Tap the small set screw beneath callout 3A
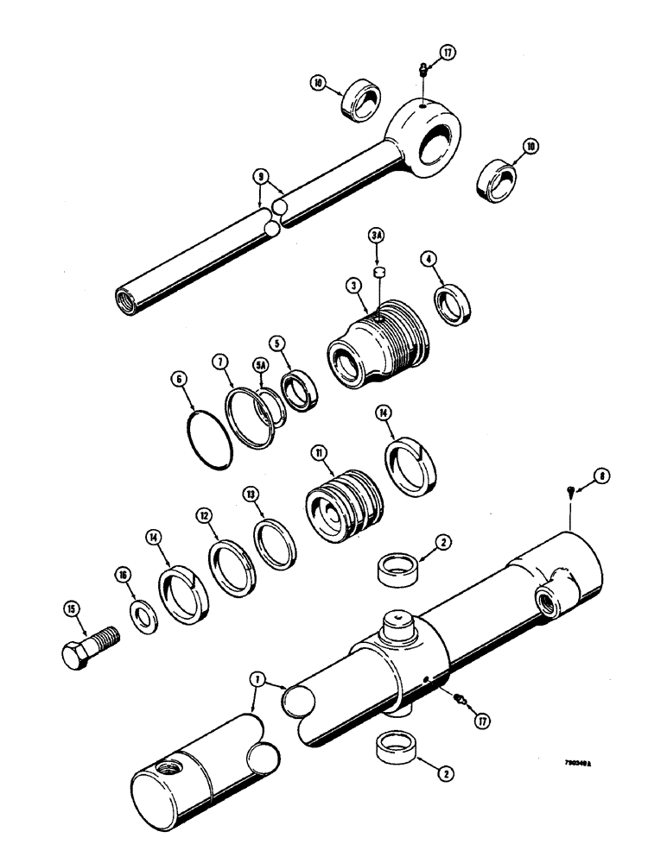[x=378, y=274]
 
